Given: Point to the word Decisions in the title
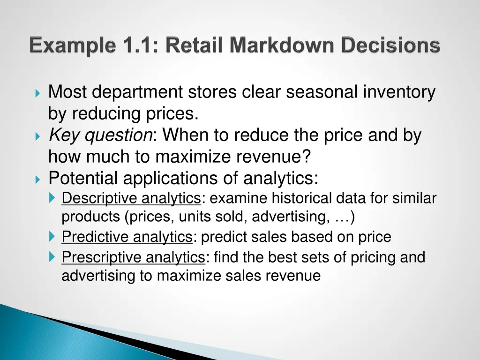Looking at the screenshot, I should pyautogui.click(x=390, y=46).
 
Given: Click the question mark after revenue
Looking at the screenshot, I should pyautogui.click(x=307, y=157).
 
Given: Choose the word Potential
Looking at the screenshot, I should pyautogui.click(x=83, y=179).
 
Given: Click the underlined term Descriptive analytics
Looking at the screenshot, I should pyautogui.click(x=131, y=199).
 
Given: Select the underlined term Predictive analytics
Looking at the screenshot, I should pyautogui.click(x=127, y=237).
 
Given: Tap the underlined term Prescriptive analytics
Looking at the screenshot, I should pyautogui.click(x=134, y=257).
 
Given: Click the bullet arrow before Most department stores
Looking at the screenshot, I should pyautogui.click(x=38, y=93).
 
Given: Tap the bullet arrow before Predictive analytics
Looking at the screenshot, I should pyautogui.click(x=52, y=237).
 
